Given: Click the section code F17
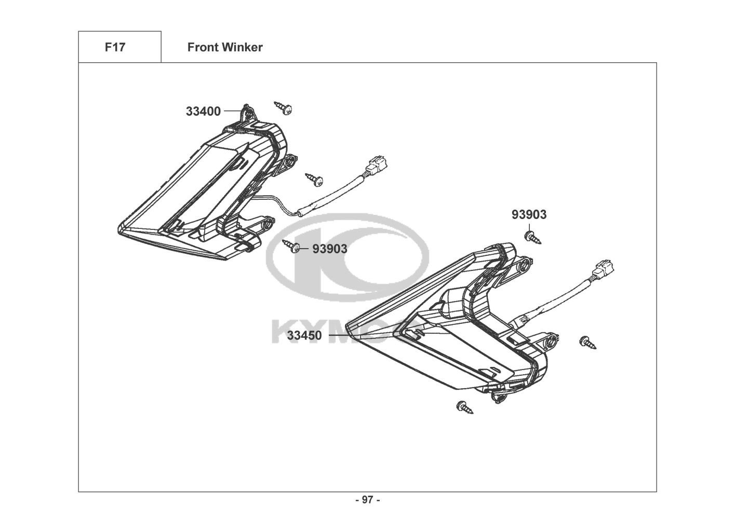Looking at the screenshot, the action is click(x=115, y=47).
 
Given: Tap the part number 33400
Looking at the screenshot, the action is click(x=203, y=112).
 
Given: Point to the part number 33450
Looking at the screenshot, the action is click(x=304, y=335).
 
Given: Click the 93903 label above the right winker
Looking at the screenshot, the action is click(x=529, y=214).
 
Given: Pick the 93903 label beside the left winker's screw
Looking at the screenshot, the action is click(x=329, y=249).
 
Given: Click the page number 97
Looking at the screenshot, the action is click(x=367, y=500).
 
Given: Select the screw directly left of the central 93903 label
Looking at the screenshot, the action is click(x=291, y=246).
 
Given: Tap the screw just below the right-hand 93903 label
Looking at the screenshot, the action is click(x=532, y=237).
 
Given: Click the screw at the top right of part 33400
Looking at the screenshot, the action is click(x=283, y=108).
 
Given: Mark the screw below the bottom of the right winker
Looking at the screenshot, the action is click(x=464, y=407).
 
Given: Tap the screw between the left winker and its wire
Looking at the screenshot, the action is click(x=314, y=180).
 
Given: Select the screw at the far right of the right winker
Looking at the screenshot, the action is click(x=587, y=343).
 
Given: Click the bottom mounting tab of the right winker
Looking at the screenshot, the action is click(x=498, y=398).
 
